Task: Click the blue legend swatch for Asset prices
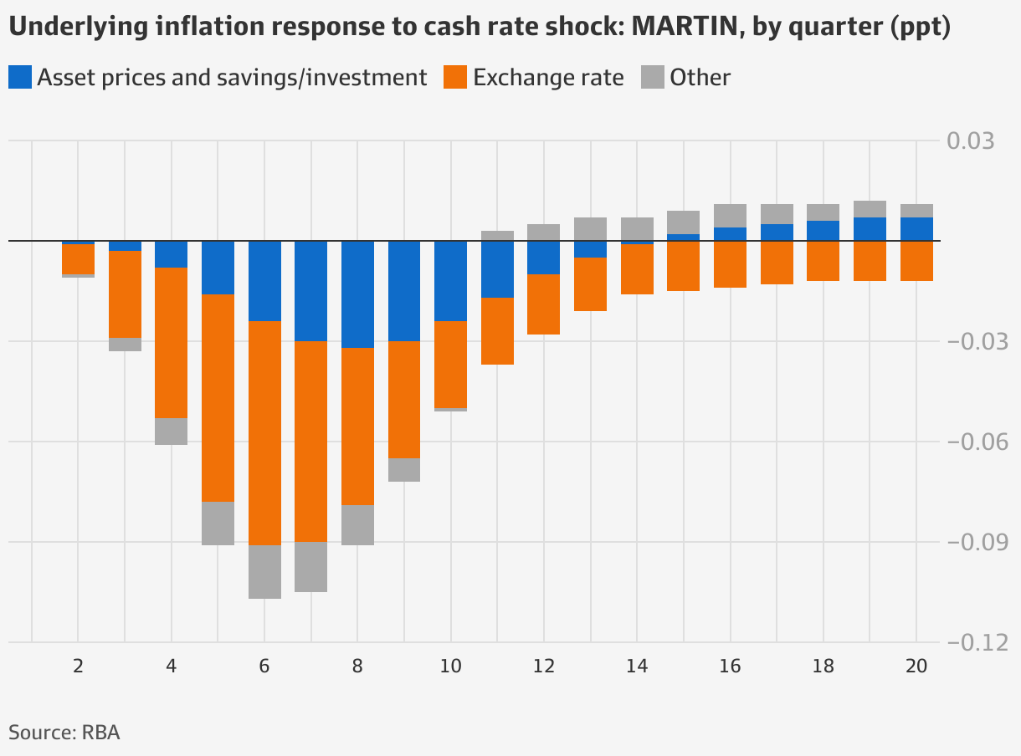20,78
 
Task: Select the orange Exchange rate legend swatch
455,78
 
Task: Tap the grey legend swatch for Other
652,78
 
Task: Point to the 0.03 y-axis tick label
970,140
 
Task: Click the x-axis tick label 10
450,667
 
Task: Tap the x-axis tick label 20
916,667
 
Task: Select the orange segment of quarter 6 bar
264,432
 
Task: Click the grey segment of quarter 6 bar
264,571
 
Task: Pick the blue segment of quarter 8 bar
357,294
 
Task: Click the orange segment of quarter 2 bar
78,258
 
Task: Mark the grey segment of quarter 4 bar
171,431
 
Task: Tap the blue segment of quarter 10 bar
450,280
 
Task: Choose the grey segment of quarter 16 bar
730,216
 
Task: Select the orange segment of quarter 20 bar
916,260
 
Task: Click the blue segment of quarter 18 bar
823,231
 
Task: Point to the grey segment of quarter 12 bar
543,232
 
